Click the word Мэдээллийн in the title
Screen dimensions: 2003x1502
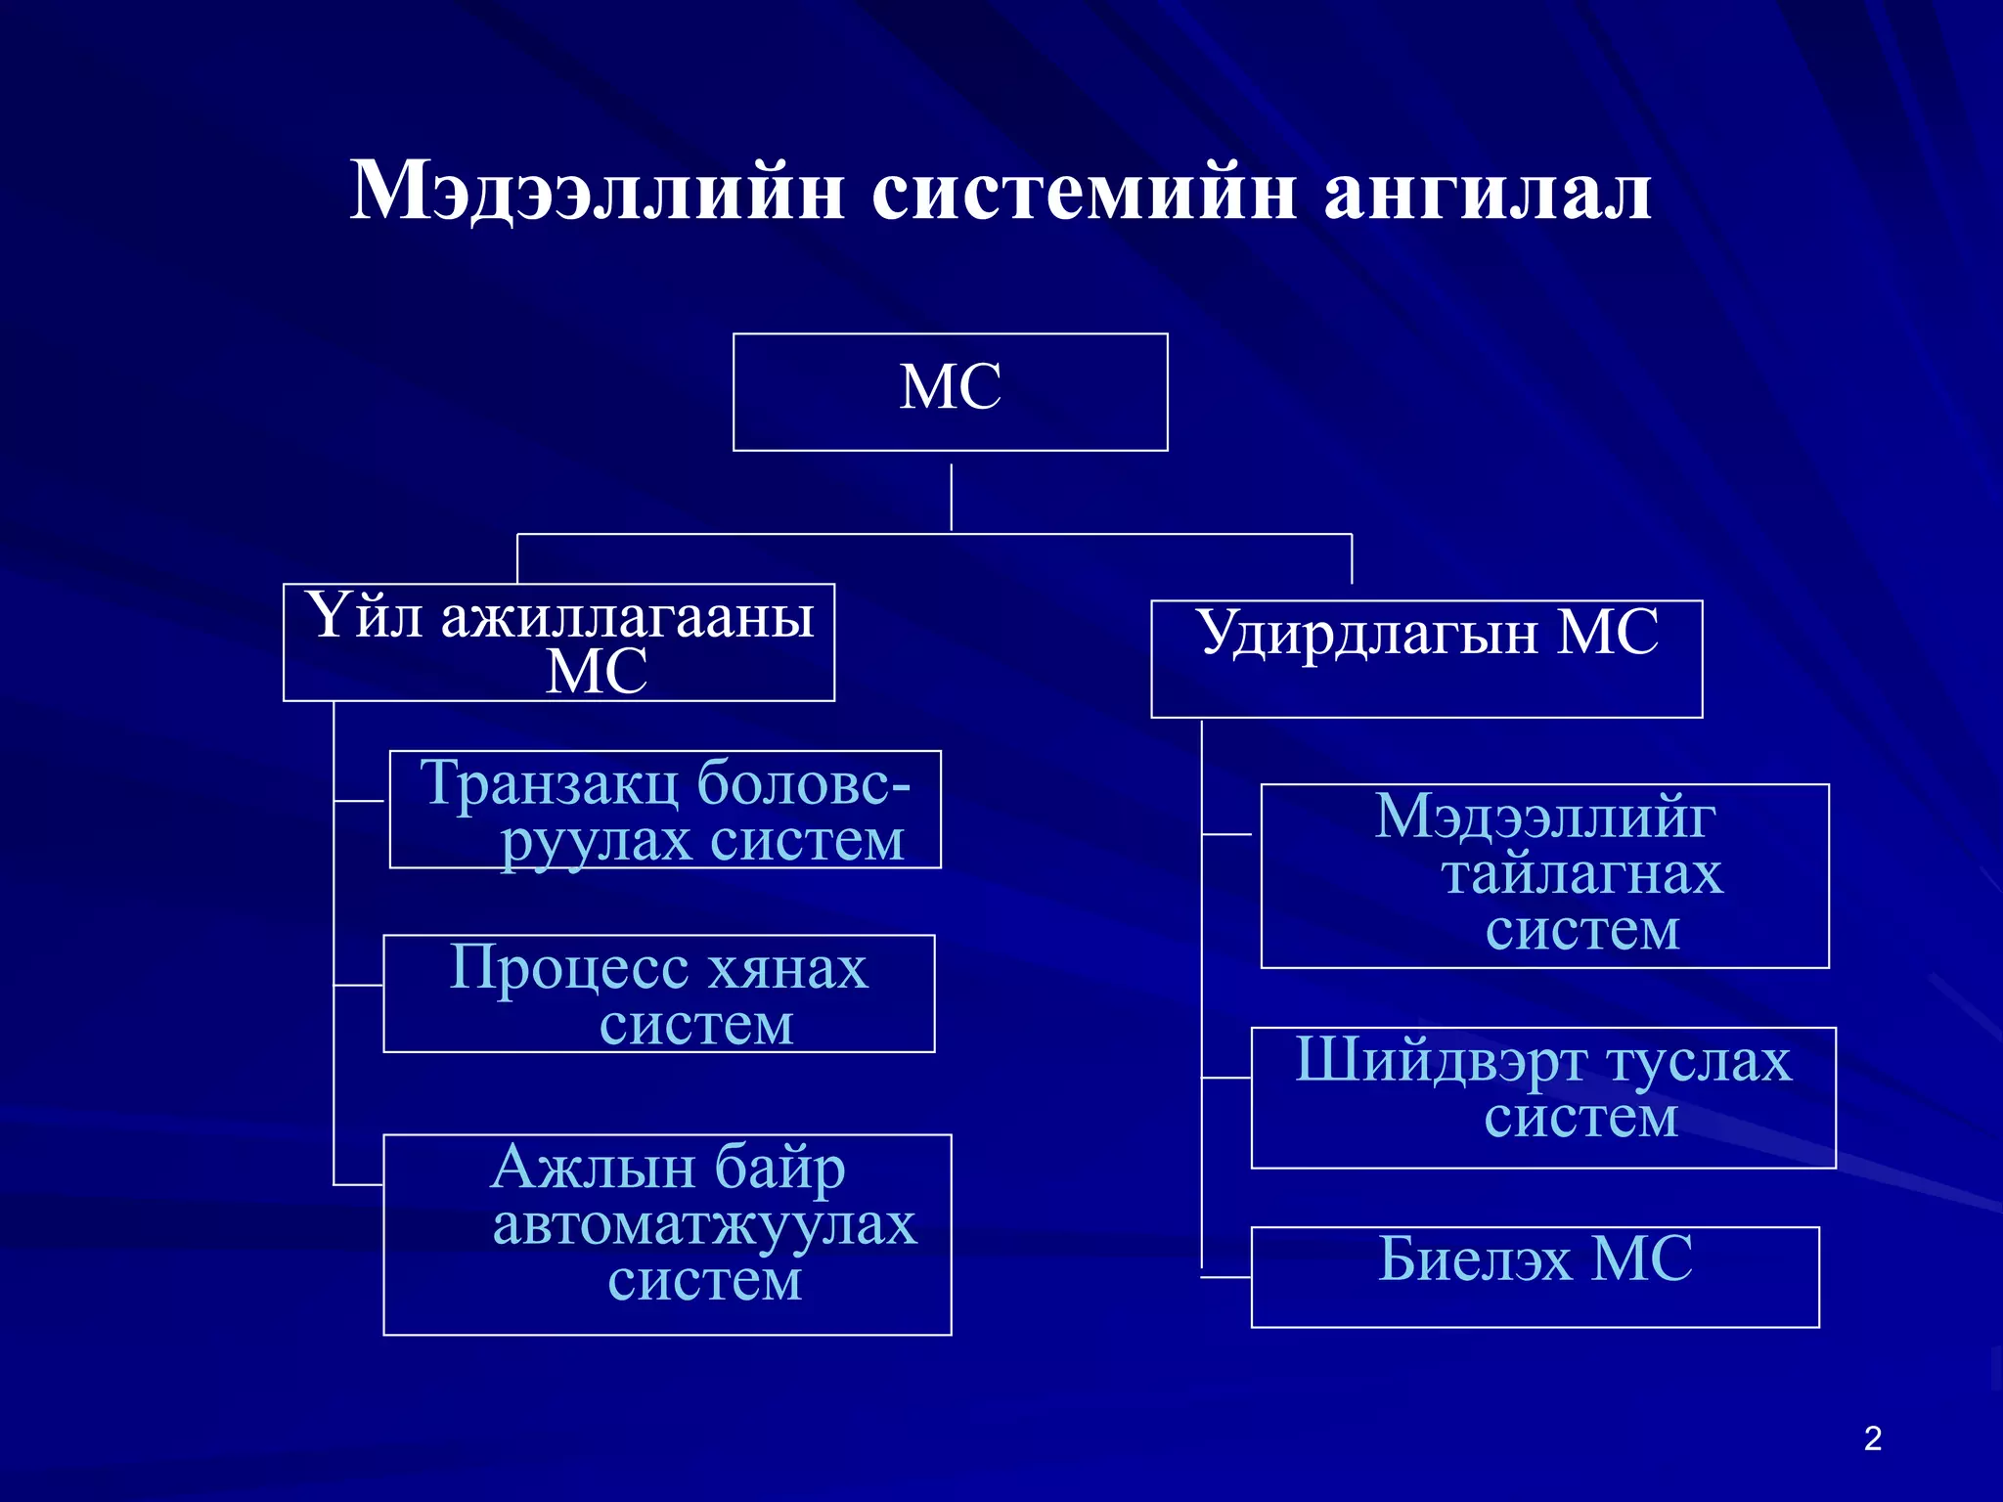pyautogui.click(x=597, y=191)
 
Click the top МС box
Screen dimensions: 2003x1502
pyautogui.click(x=950, y=391)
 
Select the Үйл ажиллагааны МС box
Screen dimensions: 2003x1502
pyautogui.click(x=558, y=642)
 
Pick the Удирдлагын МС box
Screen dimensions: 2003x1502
pyautogui.click(x=1426, y=658)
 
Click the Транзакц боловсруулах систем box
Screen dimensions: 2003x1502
pyautogui.click(x=665, y=810)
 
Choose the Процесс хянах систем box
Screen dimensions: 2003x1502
pyautogui.click(x=658, y=994)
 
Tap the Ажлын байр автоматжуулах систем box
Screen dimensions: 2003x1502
pyautogui.click(x=667, y=1234)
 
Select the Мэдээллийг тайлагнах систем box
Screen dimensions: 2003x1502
pyautogui.click(x=1544, y=875)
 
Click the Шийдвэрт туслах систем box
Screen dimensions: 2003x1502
pyautogui.click(x=1542, y=1097)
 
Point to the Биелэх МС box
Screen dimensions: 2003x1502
pyautogui.click(x=1535, y=1276)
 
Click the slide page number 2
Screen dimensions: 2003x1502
pyautogui.click(x=1872, y=1438)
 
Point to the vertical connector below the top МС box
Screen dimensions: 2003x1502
pyautogui.click(x=951, y=497)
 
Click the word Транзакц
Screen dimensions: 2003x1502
pyautogui.click(x=551, y=782)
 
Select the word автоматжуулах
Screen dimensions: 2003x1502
pyautogui.click(x=704, y=1223)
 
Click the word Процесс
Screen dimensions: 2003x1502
pyautogui.click(x=569, y=968)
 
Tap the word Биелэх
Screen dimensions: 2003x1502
pyautogui.click(x=1476, y=1259)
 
